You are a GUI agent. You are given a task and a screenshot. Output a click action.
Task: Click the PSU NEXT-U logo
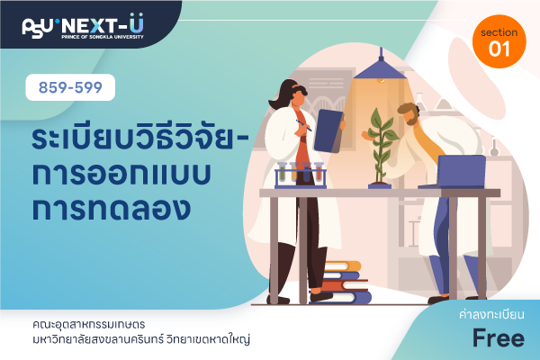coord(83,26)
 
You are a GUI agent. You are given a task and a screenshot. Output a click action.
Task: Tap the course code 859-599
coord(70,87)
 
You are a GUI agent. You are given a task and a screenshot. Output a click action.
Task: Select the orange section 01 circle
coord(499,41)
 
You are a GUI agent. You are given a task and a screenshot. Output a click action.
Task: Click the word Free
coord(499,338)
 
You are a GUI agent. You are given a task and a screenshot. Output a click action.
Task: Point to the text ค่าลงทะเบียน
coord(491,314)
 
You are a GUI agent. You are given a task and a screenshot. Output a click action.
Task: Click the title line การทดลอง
coord(112,209)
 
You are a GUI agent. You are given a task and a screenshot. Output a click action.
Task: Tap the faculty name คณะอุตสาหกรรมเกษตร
coord(89,324)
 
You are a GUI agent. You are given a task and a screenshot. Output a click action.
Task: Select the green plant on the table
coord(380,147)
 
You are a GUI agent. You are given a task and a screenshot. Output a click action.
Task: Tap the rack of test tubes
coord(301,175)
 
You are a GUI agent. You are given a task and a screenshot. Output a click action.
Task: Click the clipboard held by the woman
coord(329,130)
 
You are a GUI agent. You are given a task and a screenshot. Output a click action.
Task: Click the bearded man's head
coord(409,113)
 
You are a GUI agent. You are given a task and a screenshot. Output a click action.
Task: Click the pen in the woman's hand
coord(304,125)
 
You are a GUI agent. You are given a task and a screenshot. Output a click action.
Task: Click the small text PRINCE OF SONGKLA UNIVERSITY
coord(103,37)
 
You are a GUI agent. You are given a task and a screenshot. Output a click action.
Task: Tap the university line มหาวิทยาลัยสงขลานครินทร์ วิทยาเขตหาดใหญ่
coord(141,339)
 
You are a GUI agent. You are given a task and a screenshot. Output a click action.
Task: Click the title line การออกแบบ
coord(121,174)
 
